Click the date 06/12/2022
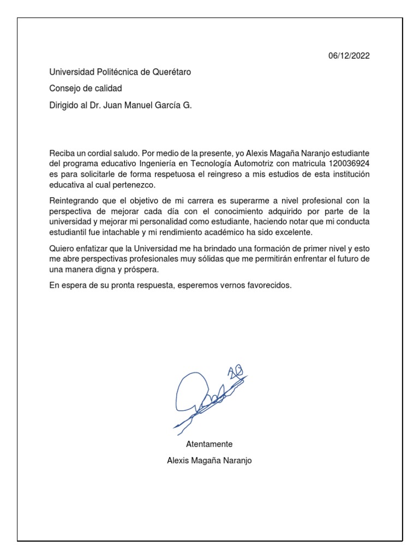(349, 56)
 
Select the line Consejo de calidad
(86, 88)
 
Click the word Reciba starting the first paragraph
(61, 154)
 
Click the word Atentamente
(209, 444)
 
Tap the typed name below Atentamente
(209, 460)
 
